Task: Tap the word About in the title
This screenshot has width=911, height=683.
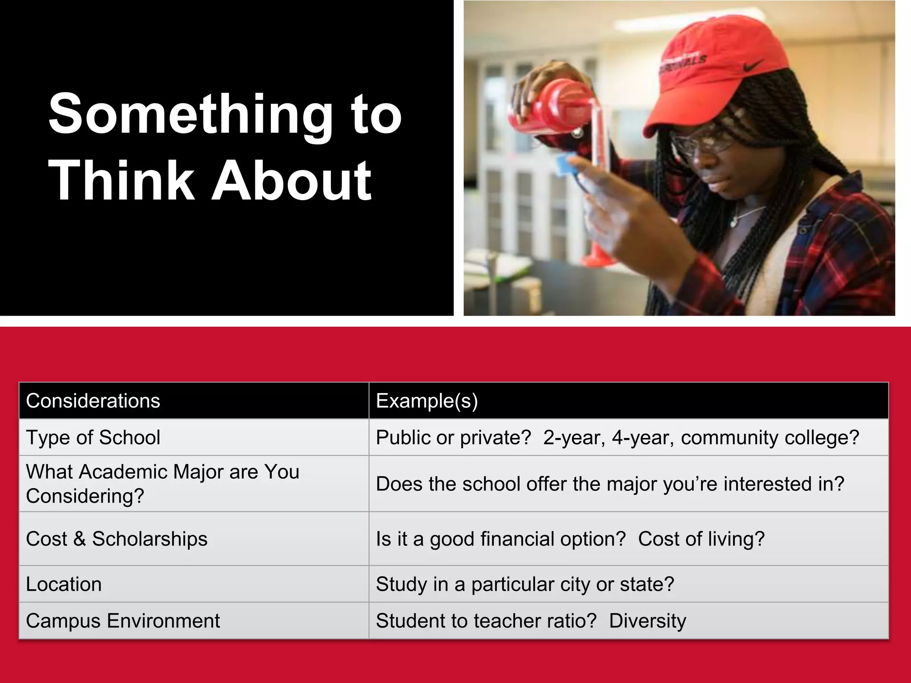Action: click(291, 181)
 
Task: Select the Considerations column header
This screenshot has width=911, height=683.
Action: click(93, 401)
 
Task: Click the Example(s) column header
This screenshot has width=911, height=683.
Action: click(427, 401)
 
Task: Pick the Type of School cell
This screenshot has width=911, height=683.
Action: click(93, 438)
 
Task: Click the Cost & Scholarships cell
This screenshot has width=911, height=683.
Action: click(117, 539)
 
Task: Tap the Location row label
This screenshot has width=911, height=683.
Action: click(64, 584)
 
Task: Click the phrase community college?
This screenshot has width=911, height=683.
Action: click(770, 438)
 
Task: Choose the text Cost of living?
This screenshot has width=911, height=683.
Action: click(701, 539)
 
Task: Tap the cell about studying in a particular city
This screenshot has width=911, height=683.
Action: click(525, 584)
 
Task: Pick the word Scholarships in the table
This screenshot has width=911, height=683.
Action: click(149, 539)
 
